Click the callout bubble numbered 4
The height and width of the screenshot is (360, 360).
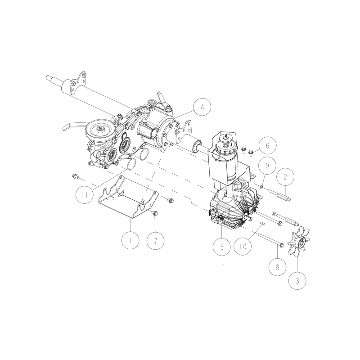click(x=202, y=107)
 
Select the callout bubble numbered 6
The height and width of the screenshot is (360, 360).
click(x=268, y=145)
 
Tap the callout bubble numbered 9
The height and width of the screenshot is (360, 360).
click(x=267, y=166)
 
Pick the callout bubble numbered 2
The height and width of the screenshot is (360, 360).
click(x=285, y=177)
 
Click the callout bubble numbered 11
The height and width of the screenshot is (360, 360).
click(x=85, y=195)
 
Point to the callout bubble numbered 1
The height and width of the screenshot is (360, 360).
click(x=130, y=240)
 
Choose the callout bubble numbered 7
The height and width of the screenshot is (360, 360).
click(x=156, y=241)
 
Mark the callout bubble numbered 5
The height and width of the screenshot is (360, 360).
click(x=222, y=247)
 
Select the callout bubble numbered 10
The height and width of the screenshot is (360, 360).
click(x=243, y=247)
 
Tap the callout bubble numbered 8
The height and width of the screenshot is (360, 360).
click(x=277, y=267)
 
